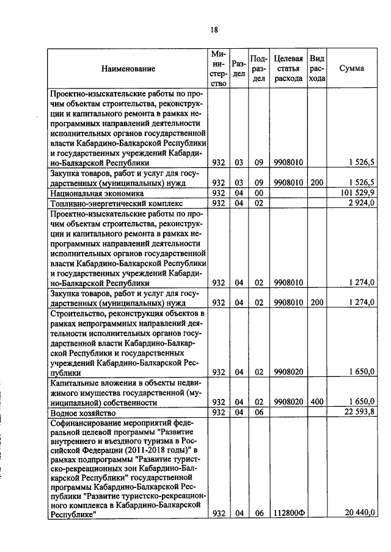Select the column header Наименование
point(128,69)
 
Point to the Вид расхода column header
point(317,68)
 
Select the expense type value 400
point(317,401)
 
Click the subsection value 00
point(258,193)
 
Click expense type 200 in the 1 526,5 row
point(317,182)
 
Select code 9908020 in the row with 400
point(288,401)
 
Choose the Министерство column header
point(220,69)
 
